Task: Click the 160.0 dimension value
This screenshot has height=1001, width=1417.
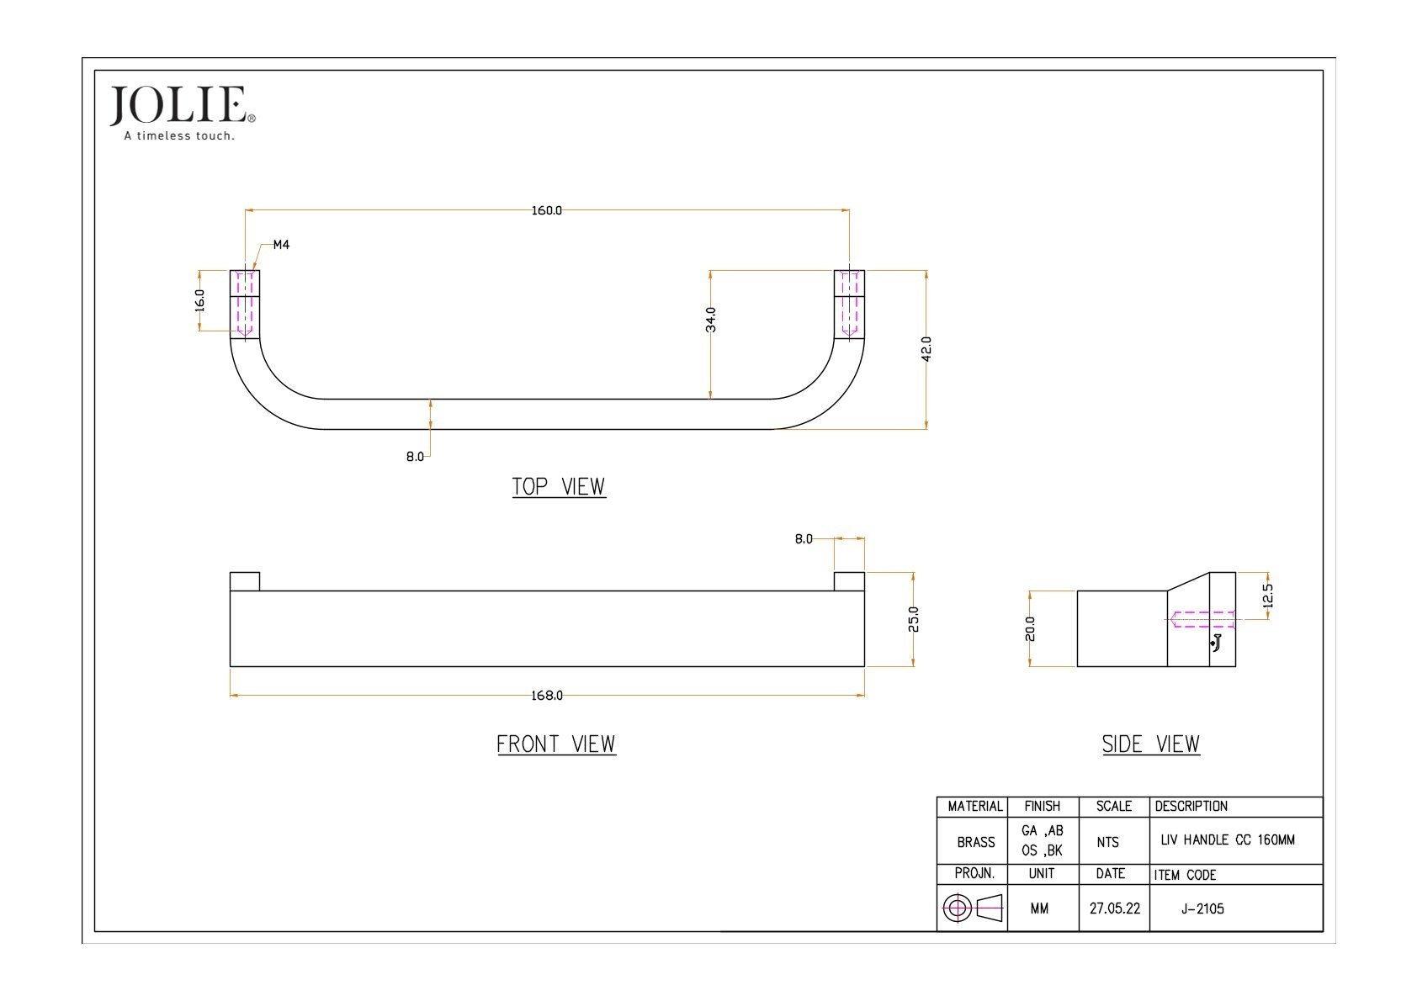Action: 547,210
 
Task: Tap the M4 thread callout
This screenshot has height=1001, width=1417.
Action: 281,245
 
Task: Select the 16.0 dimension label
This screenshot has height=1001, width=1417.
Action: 200,300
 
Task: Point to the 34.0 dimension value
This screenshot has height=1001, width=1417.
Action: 710,320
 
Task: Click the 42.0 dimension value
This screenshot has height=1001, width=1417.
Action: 926,349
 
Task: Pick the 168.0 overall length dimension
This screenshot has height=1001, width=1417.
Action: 547,696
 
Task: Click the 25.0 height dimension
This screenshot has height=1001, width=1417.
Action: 914,619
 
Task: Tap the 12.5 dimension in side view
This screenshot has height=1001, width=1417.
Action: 1268,596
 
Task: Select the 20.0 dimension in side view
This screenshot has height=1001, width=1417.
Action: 1030,628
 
